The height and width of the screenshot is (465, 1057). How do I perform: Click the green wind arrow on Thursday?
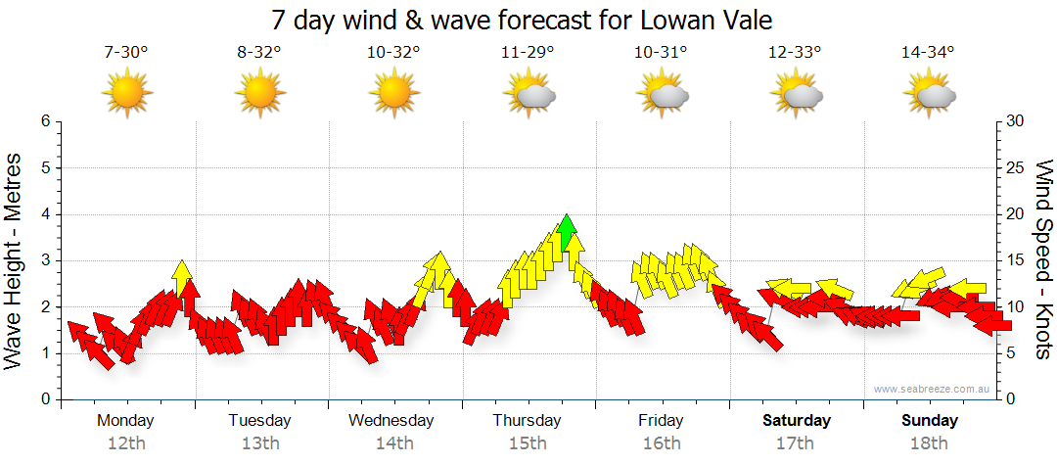[x=565, y=232]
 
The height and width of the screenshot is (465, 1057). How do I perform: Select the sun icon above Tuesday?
[x=259, y=94]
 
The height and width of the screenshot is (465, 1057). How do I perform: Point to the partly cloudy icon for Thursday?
[x=528, y=94]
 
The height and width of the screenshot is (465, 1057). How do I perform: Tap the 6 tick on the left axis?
[x=44, y=121]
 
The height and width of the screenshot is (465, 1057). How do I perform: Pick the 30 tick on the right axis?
[x=1017, y=121]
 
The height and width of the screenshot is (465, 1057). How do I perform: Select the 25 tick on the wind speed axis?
[x=1017, y=167]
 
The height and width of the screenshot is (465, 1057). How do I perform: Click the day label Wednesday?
[x=391, y=421]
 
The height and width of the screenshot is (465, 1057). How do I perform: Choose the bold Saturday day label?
[x=797, y=421]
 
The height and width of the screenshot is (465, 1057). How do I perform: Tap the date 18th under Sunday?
[x=930, y=443]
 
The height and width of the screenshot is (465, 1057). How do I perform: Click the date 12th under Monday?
[x=125, y=443]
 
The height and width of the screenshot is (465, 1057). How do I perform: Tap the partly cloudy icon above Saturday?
[x=796, y=94]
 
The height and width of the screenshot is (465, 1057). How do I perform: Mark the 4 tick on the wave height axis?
[x=44, y=214]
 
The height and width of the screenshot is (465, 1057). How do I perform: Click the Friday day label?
[x=661, y=421]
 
